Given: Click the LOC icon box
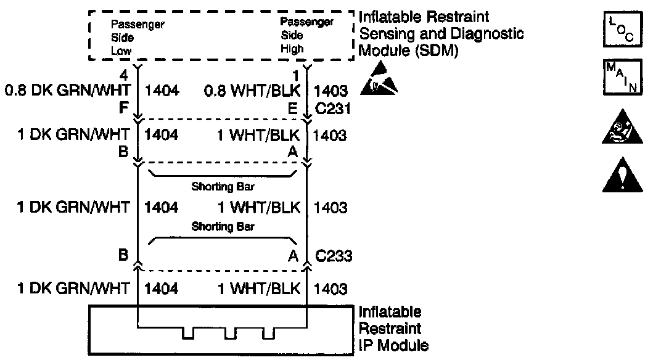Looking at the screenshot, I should pos(622,30).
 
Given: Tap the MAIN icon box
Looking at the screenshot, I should pos(622,77).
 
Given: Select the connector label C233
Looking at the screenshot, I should pos(334,256).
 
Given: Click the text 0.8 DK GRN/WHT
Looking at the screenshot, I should pos(67,91).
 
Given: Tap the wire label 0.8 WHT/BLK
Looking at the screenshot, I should pos(252,91).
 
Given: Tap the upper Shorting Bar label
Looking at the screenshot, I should pos(223,186).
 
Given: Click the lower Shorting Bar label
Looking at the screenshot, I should pos(223,226).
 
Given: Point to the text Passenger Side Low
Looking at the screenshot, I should pos(137,38).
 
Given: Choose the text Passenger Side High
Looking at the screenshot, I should pos(306,35).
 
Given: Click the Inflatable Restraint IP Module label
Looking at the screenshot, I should pos(393,329).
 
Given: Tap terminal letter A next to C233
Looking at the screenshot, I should pos(294,256).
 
